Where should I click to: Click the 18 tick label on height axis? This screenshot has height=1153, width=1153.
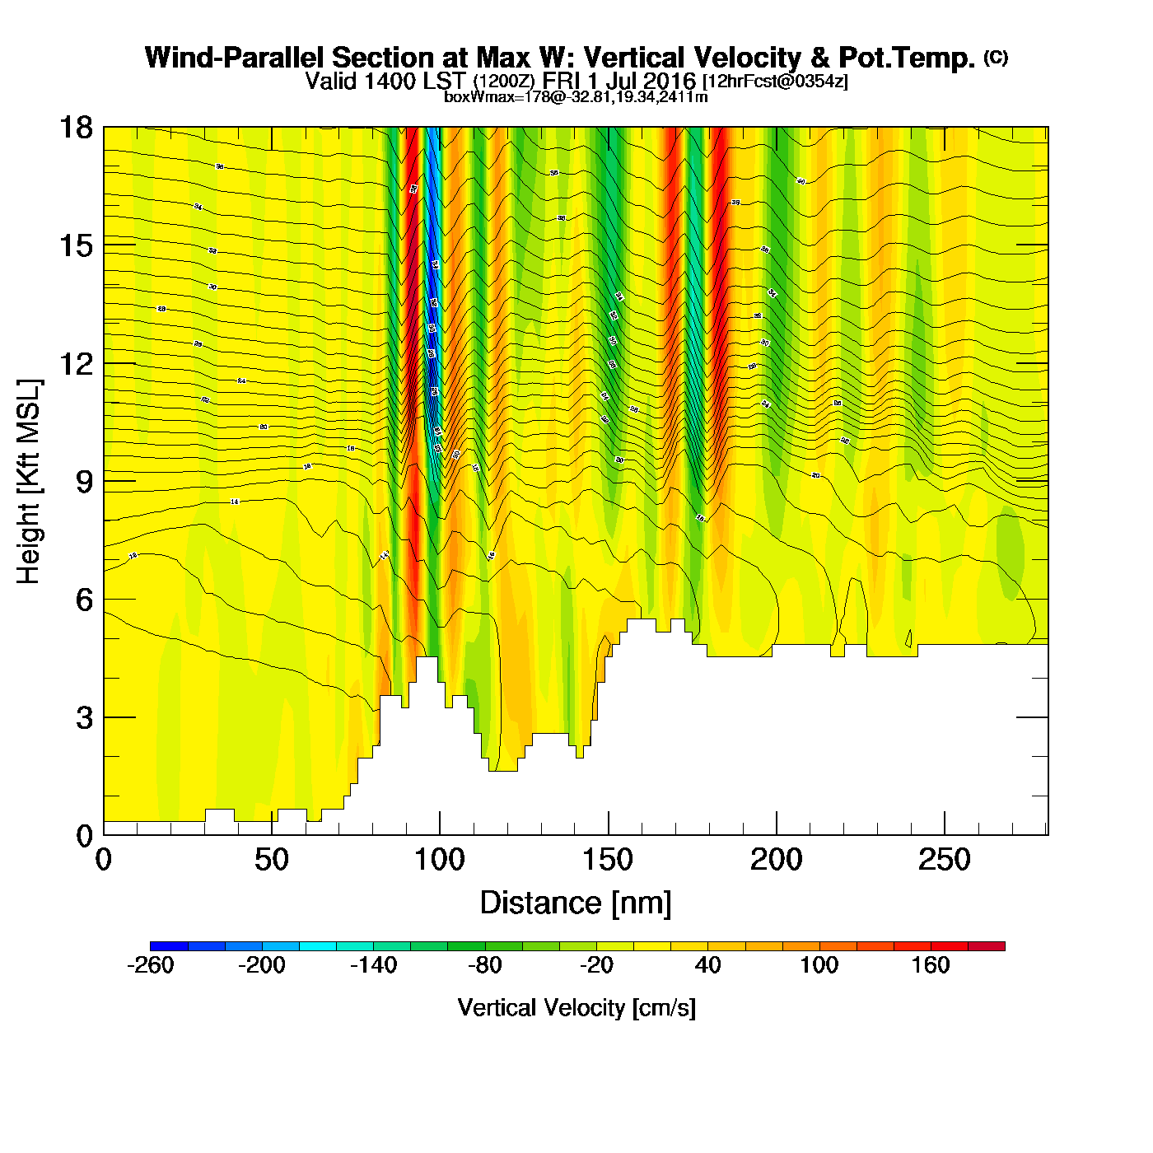75,128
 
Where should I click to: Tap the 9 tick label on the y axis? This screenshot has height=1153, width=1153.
84,482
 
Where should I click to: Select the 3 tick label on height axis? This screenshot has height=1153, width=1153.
84,718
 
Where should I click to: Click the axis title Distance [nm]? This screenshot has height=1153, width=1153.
576,903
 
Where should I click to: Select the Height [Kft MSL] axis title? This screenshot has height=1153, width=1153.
29,482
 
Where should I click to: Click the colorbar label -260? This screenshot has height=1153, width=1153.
151,965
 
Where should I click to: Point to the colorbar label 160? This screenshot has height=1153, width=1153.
931,965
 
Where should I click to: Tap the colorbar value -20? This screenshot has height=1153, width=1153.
596,965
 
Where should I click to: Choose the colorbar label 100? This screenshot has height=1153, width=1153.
819,965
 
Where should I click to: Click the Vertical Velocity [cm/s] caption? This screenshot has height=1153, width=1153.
576,1008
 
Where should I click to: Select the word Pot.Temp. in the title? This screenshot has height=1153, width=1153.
906,58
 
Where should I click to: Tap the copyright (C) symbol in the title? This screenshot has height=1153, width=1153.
996,57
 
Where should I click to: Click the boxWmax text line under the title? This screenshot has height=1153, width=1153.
576,96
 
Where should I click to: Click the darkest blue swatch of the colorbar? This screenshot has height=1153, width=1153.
169,946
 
